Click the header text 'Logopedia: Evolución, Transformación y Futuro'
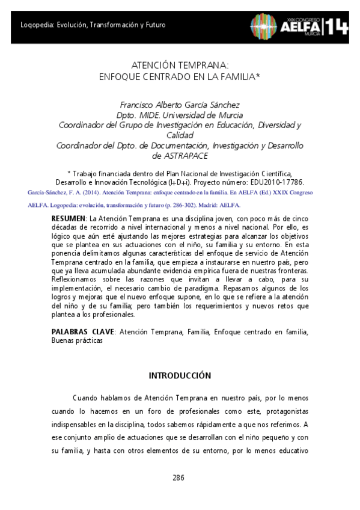[x=93, y=25]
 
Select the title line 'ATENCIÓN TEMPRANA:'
[x=179, y=66]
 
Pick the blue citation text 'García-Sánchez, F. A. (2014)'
[x=65, y=192]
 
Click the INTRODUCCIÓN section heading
[x=180, y=375]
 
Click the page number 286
[x=178, y=478]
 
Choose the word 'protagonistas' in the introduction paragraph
[x=284, y=411]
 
